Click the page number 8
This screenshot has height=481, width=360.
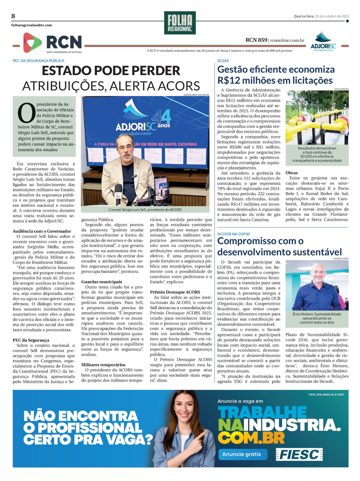pyautogui.click(x=13, y=16)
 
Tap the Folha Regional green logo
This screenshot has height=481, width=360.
pyautogui.click(x=180, y=23)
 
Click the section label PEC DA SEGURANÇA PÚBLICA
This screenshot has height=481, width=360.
pyautogui.click(x=39, y=61)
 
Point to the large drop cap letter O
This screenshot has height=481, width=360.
pyautogui.click(x=26, y=113)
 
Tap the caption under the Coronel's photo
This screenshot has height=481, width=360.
pyautogui.click(x=145, y=210)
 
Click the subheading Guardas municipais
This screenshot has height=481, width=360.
pyautogui.click(x=102, y=282)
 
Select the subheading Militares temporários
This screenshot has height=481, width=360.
pyautogui.click(x=103, y=365)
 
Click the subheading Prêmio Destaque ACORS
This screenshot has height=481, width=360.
pyautogui.click(x=175, y=292)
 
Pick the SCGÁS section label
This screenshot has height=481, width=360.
pyautogui.click(x=223, y=61)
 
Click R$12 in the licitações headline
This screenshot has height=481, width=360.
pyautogui.click(x=230, y=80)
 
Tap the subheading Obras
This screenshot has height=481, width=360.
pyautogui.click(x=292, y=173)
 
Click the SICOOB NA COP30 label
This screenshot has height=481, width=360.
pyautogui.click(x=233, y=234)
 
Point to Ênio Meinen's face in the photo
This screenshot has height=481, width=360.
pyautogui.click(x=319, y=276)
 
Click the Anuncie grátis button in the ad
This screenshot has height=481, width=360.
pyautogui.click(x=242, y=454)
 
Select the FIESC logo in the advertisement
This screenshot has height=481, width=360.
pyautogui.click(x=299, y=455)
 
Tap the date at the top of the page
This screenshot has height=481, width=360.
pyautogui.click(x=321, y=16)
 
